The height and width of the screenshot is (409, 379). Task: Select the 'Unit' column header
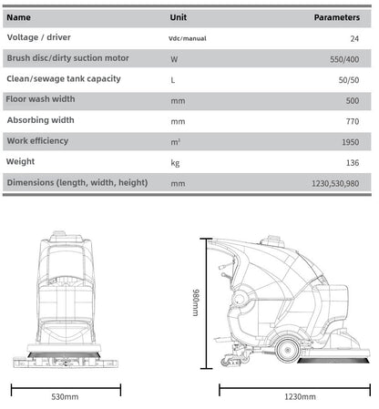tap(179, 17)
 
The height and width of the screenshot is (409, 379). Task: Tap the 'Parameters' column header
tap(337, 17)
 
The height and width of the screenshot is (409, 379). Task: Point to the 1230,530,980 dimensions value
tap(335, 183)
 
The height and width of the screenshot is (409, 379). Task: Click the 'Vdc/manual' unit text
tap(188, 38)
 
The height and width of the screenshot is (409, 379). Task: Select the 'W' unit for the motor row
tap(174, 59)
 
